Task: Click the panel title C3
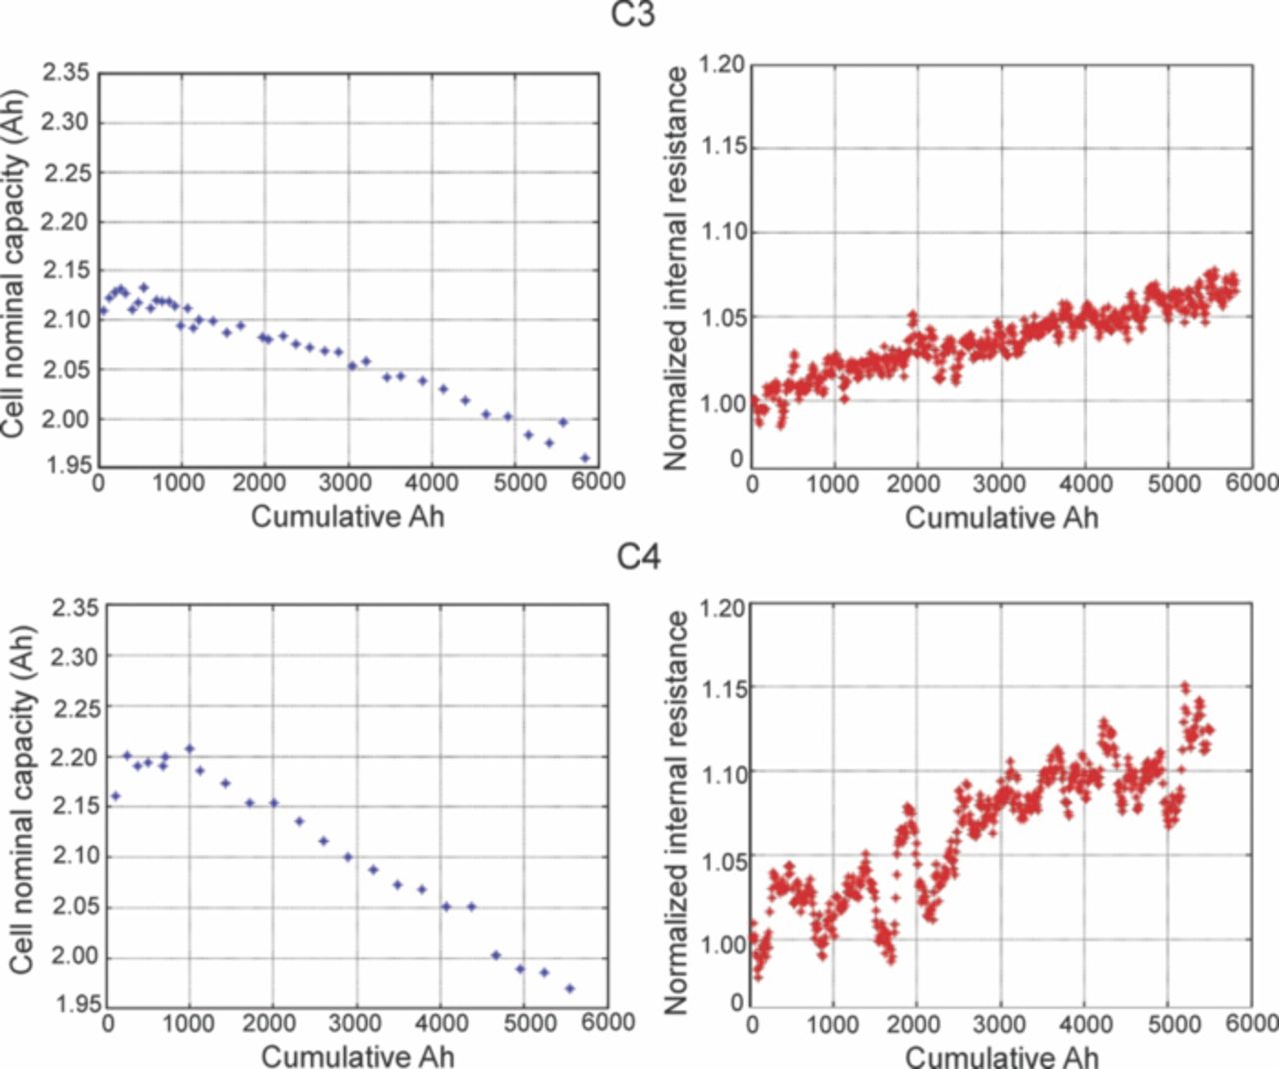[634, 15]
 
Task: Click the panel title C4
[639, 555]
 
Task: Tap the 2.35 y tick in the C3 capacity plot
[66, 73]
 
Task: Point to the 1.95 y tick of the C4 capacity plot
[76, 1004]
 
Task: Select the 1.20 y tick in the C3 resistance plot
[721, 65]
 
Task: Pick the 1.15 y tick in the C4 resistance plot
[724, 689]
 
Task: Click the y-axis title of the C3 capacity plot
[13, 265]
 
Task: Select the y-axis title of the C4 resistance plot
[676, 811]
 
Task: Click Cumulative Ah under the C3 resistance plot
[1001, 517]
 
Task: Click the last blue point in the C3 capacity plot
[585, 458]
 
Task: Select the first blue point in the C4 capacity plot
[115, 796]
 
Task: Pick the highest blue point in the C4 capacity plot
[189, 748]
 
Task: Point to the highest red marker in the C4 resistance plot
[1185, 687]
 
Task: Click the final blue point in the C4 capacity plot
[570, 988]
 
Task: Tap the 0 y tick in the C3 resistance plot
[737, 459]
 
